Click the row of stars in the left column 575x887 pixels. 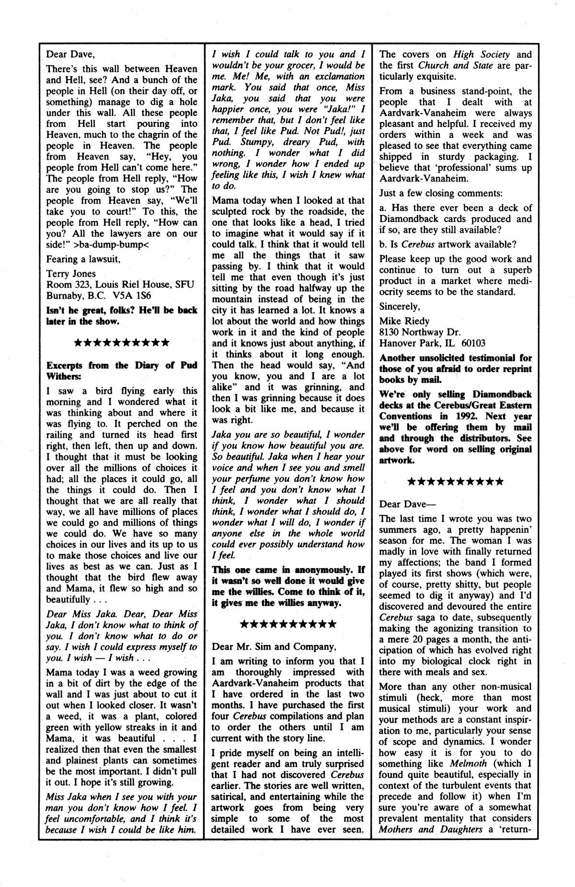click(x=122, y=343)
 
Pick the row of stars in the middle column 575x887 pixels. click(x=287, y=624)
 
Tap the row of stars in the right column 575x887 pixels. click(x=455, y=481)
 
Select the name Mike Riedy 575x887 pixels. click(x=404, y=321)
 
